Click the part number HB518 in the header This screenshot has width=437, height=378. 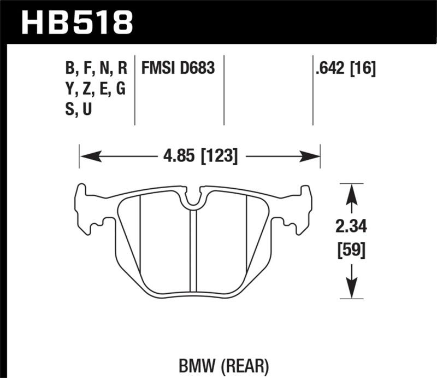click(76, 22)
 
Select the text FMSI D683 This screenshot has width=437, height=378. click(178, 68)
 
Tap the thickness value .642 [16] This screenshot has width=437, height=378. click(345, 68)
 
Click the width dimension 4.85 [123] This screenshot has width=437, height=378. click(199, 157)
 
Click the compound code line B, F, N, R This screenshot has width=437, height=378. click(96, 68)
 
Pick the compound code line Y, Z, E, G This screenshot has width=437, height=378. click(95, 89)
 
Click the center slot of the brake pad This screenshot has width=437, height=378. click(193, 252)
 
